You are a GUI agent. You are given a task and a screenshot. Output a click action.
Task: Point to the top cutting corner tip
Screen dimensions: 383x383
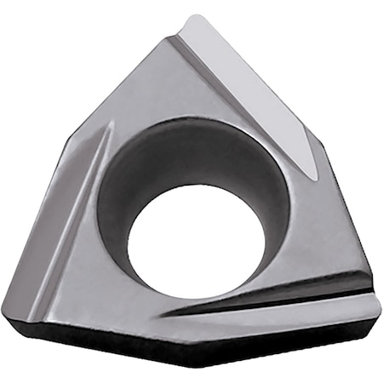click(197, 19)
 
